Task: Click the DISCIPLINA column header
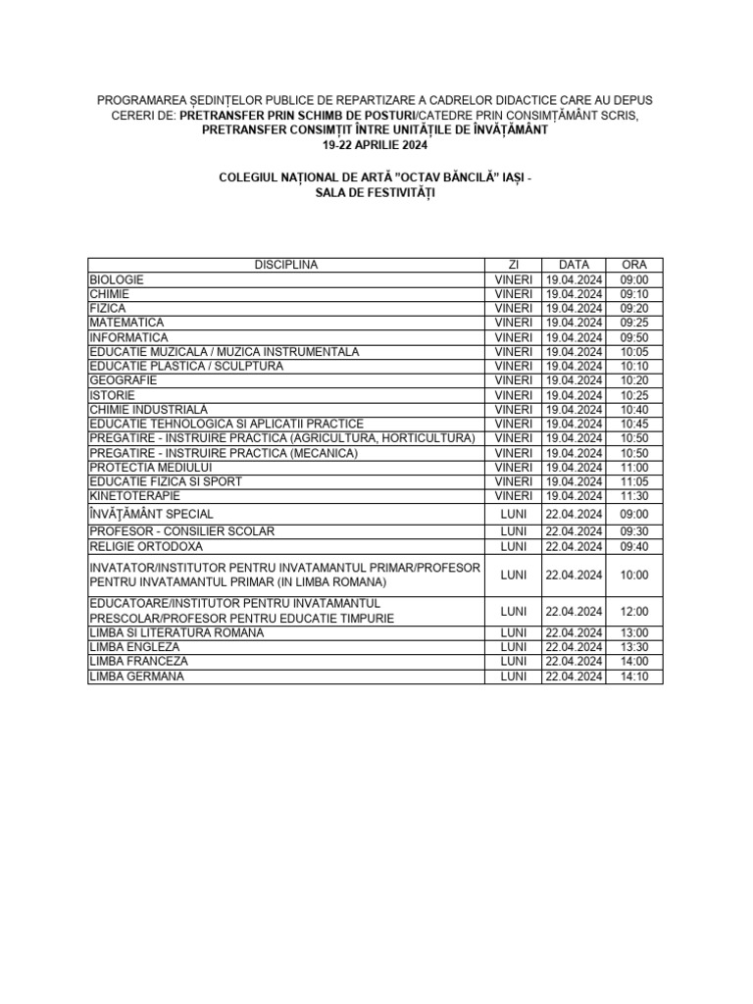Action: [x=286, y=265]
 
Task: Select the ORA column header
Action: [x=634, y=265]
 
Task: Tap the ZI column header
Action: [x=513, y=265]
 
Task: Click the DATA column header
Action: [x=574, y=265]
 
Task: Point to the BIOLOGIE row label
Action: [x=117, y=279]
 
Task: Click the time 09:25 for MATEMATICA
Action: [x=634, y=323]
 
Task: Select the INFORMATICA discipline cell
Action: [x=128, y=337]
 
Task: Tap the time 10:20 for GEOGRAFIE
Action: [x=634, y=380]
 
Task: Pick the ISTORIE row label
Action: [x=112, y=395]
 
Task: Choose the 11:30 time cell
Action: [x=634, y=496]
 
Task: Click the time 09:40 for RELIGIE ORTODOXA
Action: [x=634, y=546]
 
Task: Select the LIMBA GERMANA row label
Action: [x=136, y=677]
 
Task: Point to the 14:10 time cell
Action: [x=634, y=677]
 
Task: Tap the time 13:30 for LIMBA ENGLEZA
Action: [x=634, y=648]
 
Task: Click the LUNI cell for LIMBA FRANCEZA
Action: [x=513, y=662]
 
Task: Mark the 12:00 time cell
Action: [x=634, y=611]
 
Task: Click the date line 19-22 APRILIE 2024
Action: [x=376, y=144]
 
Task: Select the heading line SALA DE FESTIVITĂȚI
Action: [x=376, y=193]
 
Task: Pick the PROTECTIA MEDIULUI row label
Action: [x=151, y=467]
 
